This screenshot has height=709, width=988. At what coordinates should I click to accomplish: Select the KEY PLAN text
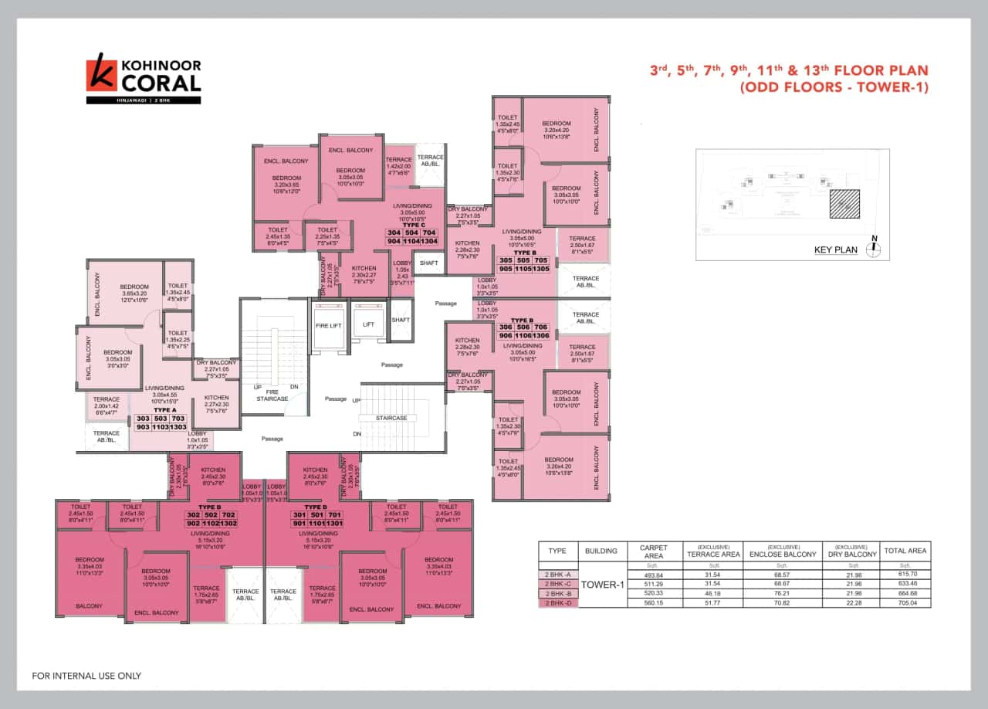(836, 249)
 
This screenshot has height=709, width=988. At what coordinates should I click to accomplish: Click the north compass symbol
(874, 249)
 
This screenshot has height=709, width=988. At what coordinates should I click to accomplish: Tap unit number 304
(394, 232)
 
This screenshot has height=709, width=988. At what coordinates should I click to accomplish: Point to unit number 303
(143, 418)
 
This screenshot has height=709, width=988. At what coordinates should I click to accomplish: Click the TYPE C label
(414, 225)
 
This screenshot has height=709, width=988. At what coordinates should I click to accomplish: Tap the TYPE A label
(165, 410)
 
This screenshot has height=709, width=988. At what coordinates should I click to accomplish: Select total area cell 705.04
(905, 602)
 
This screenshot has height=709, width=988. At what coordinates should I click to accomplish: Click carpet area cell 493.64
(654, 574)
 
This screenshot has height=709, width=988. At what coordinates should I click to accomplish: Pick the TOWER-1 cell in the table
(601, 585)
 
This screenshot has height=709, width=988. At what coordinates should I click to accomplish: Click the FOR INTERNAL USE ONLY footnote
(86, 676)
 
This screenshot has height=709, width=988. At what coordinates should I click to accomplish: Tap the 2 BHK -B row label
(557, 592)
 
